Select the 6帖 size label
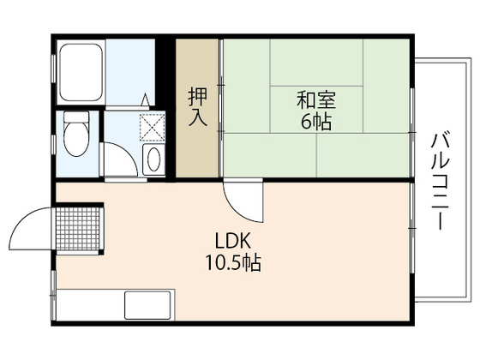tap(315, 121)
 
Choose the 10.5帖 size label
tap(231, 262)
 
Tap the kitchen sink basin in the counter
tap(148, 305)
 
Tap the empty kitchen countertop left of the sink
tap(90, 305)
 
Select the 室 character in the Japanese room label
tap(326, 98)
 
